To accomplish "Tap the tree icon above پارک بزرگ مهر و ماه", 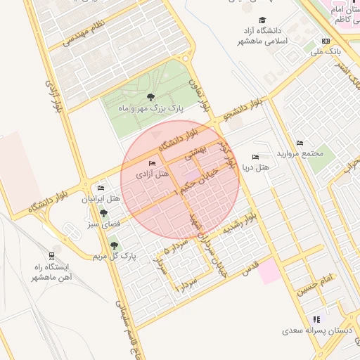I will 150,96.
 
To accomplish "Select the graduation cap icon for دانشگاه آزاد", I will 263,20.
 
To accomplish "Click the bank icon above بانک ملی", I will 325,41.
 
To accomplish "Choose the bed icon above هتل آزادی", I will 153,163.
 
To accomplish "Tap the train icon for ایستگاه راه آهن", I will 51,254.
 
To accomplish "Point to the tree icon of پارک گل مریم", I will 114,245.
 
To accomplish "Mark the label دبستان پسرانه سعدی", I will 312,329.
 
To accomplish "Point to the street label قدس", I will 251,267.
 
